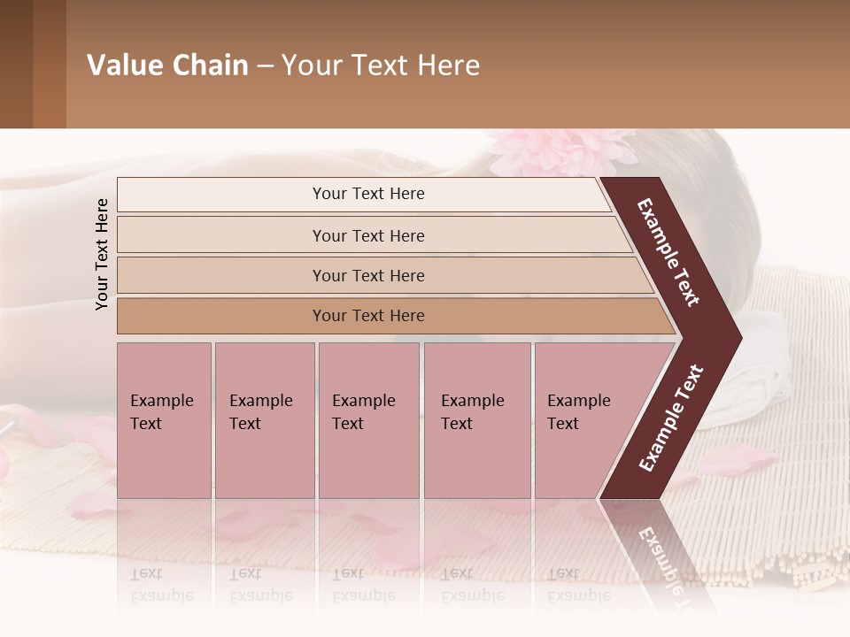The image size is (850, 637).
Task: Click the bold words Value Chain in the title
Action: click(x=167, y=65)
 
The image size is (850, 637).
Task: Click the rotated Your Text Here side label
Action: click(x=102, y=254)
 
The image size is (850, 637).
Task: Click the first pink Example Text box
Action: click(x=164, y=419)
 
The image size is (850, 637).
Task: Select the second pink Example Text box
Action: click(x=264, y=419)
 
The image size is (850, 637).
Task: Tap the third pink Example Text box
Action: click(x=368, y=419)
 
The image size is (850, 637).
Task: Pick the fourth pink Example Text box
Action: click(x=477, y=419)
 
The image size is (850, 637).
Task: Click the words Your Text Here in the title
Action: click(x=381, y=65)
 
